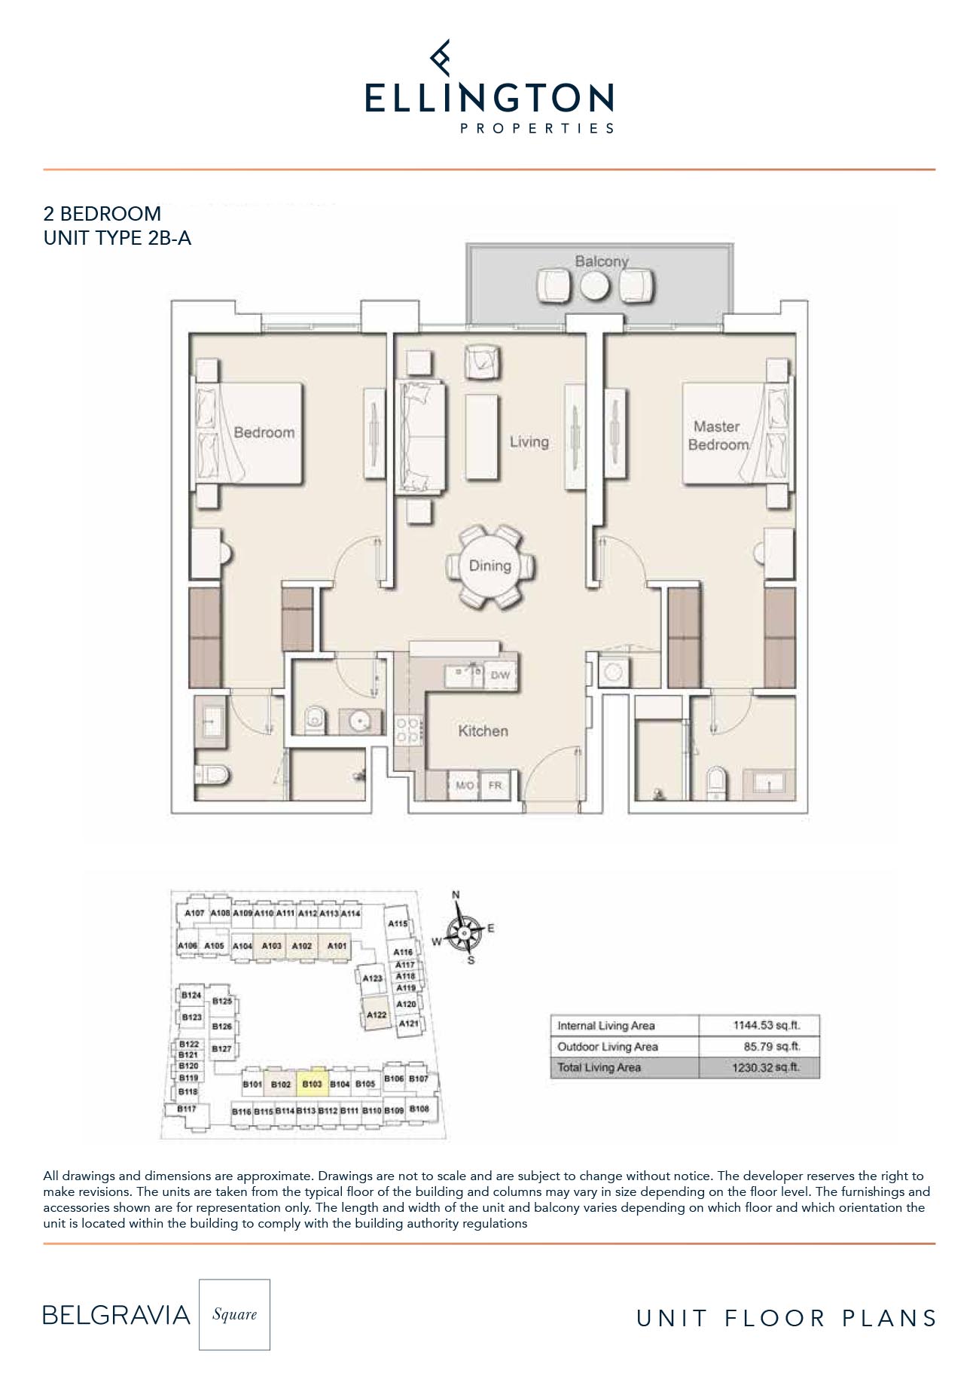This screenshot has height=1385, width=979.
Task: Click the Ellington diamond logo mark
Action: click(x=441, y=58)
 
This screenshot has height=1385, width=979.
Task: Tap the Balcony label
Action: click(x=601, y=261)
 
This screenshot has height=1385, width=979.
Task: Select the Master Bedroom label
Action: click(x=717, y=435)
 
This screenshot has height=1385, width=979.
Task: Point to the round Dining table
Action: click(x=490, y=566)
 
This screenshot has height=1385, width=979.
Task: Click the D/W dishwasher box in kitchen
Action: click(x=500, y=676)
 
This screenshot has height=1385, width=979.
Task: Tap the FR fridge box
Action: click(x=495, y=786)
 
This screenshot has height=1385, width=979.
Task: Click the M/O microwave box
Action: click(x=465, y=786)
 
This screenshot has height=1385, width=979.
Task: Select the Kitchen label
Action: click(x=483, y=731)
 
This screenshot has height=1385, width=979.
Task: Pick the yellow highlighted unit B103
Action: click(x=312, y=1083)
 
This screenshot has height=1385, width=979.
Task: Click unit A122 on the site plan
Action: click(x=377, y=1014)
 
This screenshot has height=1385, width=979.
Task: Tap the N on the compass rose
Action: click(x=456, y=895)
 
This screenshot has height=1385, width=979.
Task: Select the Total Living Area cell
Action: click(x=599, y=1067)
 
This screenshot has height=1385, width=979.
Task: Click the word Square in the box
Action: click(x=234, y=1314)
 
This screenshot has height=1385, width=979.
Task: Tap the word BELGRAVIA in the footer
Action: click(x=116, y=1315)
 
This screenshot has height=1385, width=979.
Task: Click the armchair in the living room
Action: click(x=482, y=362)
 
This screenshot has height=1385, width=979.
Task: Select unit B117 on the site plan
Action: click(x=186, y=1109)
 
